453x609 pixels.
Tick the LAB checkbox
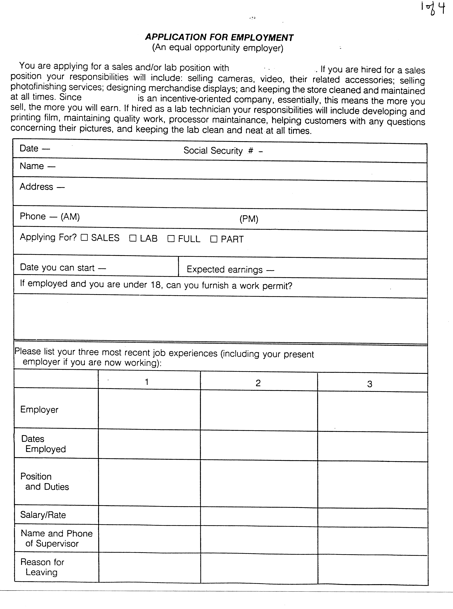133,238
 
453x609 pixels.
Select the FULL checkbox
171,239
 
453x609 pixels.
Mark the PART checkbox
214,239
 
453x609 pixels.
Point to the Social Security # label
218,151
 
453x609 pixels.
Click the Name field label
32,166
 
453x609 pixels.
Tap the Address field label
36,187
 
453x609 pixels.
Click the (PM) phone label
249,219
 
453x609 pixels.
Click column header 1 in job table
147,382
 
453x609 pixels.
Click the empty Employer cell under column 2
259,410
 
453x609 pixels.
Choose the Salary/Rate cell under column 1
149,516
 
